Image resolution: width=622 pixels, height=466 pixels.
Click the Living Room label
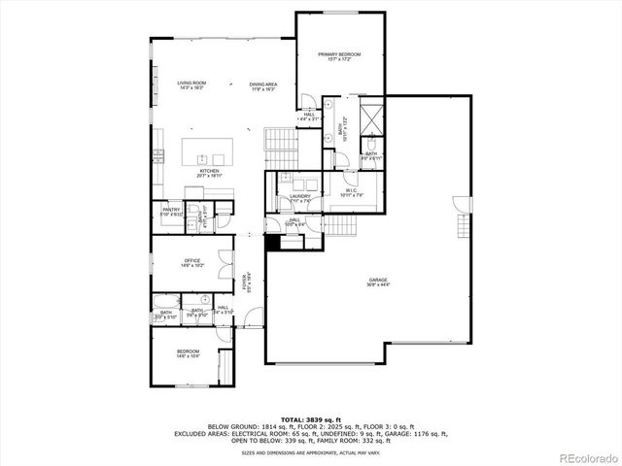click(x=191, y=84)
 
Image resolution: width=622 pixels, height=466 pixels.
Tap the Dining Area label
click(x=262, y=84)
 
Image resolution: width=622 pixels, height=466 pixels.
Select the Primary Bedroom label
click(x=339, y=55)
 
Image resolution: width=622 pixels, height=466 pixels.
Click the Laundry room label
click(x=299, y=196)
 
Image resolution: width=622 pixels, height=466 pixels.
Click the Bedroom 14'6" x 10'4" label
click(x=188, y=352)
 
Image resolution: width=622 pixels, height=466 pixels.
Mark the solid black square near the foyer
click(x=273, y=244)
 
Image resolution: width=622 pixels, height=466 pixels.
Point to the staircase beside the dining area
click(x=279, y=141)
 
